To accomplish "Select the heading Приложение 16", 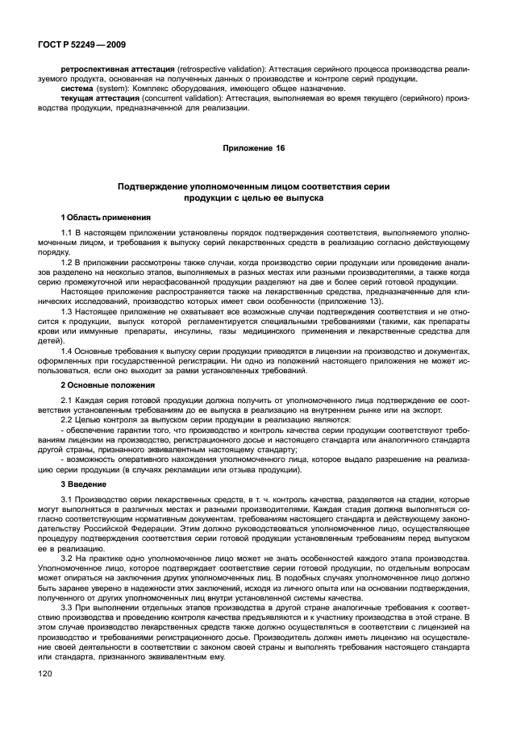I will pyautogui.click(x=254, y=148).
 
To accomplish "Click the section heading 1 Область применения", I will pyautogui.click(x=105, y=218).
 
